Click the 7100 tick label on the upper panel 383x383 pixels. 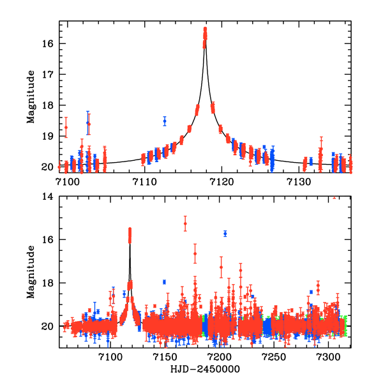(66, 181)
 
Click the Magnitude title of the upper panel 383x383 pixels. (31, 97)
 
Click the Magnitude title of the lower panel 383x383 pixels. (31, 273)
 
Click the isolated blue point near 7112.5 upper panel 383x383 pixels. (164, 121)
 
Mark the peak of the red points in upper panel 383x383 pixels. (205, 29)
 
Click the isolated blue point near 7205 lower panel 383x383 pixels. (225, 234)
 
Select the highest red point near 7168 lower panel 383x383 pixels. (185, 224)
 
